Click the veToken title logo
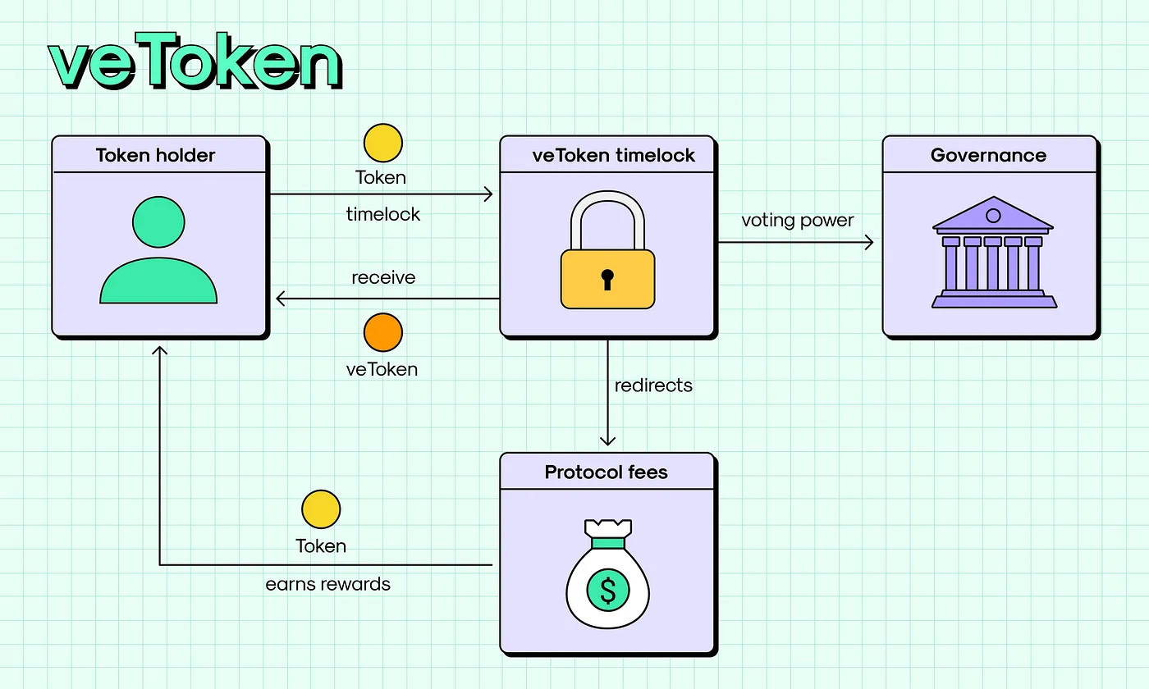point(195,64)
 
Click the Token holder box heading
point(156,155)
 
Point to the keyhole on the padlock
point(607,278)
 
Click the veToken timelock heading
point(613,155)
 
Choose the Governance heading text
point(988,155)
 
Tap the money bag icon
point(607,574)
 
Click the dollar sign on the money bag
point(607,589)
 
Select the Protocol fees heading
point(607,472)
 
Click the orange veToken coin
point(382,332)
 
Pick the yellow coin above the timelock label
point(382,143)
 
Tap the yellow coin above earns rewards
point(321,509)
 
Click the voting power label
point(798,221)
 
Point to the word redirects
point(653,385)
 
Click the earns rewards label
point(328,584)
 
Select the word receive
point(383,277)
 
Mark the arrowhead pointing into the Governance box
point(869,243)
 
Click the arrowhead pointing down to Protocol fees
point(607,440)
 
